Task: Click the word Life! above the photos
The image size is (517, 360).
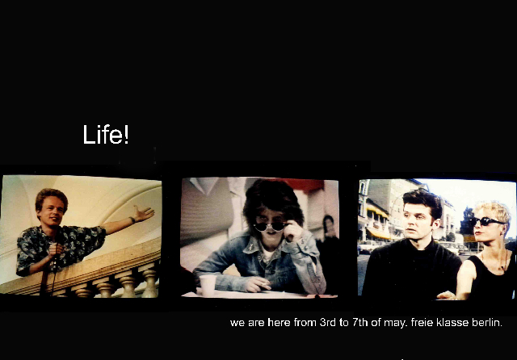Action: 106,134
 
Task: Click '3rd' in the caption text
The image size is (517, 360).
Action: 328,322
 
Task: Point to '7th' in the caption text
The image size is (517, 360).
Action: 360,322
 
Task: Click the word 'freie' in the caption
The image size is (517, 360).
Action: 422,322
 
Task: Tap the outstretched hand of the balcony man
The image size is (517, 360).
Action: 144,214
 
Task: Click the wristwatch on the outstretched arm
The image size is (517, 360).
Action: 132,220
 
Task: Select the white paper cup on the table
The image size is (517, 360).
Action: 208,285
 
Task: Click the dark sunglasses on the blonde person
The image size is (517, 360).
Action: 485,221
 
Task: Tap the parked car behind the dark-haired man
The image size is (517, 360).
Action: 368,247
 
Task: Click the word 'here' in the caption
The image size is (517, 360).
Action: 279,322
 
